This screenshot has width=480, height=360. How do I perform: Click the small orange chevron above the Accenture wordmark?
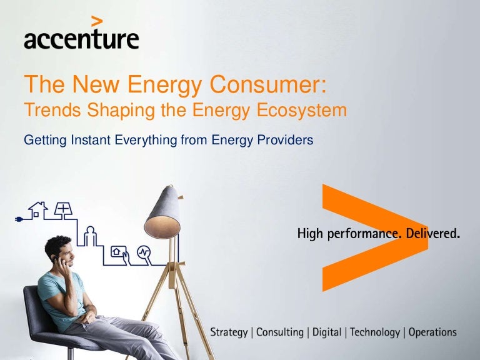tap(96, 21)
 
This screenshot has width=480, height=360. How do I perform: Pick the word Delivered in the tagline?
tap(433, 234)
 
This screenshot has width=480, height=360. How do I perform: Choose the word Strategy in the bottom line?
tap(228, 332)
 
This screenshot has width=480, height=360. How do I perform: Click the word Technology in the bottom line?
tap(375, 332)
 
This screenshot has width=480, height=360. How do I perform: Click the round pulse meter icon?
tap(144, 252)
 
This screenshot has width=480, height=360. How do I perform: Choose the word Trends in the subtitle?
tap(46, 110)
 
